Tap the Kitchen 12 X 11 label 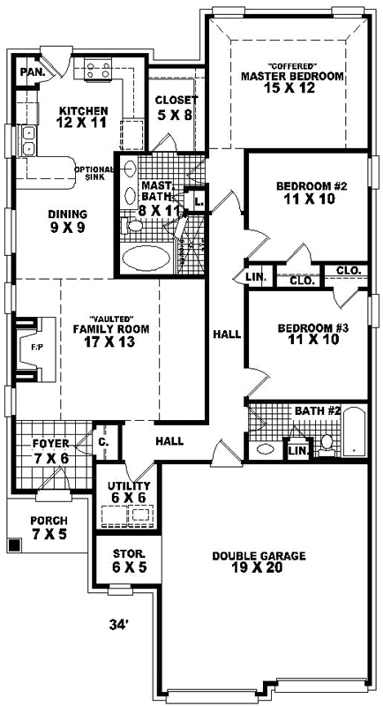[84, 116]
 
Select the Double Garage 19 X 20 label [259, 562]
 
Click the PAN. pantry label [33, 71]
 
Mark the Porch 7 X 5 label [48, 527]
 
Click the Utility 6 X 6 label [129, 492]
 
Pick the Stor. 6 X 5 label [129, 561]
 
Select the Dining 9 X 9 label [67, 220]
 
